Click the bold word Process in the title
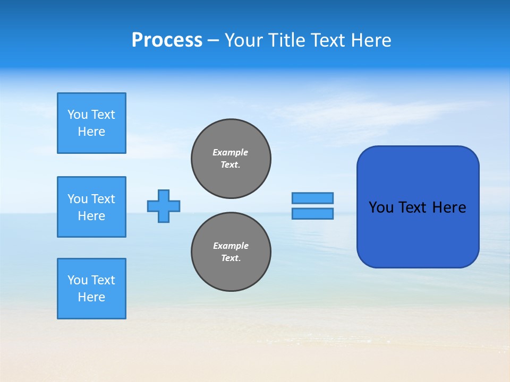coord(167,40)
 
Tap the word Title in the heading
coord(286,40)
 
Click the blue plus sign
coord(164,206)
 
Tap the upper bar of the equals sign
coord(313,198)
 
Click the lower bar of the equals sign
coord(313,213)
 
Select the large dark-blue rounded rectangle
coord(418,239)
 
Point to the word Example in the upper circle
coord(231,152)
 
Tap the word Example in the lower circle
coord(231,246)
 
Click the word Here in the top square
coord(91,132)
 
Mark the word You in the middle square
coord(77,199)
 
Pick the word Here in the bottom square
coord(91,297)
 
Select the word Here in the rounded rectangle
coord(449,207)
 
